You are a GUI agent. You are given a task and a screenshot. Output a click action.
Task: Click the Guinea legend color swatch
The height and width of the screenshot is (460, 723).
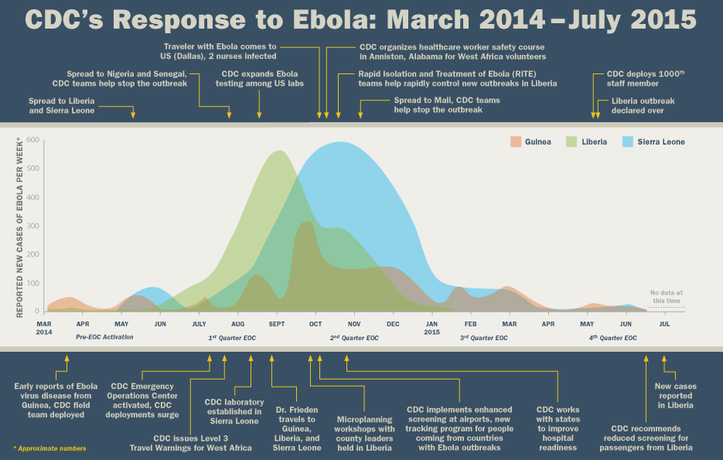click(x=516, y=141)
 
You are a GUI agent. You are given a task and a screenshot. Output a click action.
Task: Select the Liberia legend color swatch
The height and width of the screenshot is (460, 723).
click(x=573, y=141)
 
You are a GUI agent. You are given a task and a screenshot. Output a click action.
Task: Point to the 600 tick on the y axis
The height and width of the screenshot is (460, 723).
click(x=32, y=140)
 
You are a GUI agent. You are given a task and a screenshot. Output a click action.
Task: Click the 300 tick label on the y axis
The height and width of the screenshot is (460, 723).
click(x=32, y=226)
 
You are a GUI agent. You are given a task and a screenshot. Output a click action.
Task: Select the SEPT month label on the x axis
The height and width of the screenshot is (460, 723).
click(x=277, y=324)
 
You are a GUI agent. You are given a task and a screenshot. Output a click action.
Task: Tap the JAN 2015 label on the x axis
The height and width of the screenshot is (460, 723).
click(x=431, y=328)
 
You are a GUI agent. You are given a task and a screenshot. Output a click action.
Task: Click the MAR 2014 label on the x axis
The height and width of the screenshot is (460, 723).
click(x=44, y=328)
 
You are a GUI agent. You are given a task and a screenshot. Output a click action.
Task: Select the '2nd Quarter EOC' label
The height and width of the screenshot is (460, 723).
click(x=354, y=338)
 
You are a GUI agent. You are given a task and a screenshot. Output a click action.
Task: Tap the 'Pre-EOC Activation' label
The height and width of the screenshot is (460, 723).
click(x=104, y=338)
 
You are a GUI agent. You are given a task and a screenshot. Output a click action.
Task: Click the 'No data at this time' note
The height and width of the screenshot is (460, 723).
click(x=667, y=297)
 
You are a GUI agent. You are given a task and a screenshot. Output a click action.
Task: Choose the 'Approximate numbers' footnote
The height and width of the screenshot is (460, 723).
click(x=49, y=448)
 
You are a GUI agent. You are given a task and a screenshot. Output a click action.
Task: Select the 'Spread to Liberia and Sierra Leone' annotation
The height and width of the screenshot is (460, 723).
click(x=62, y=106)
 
